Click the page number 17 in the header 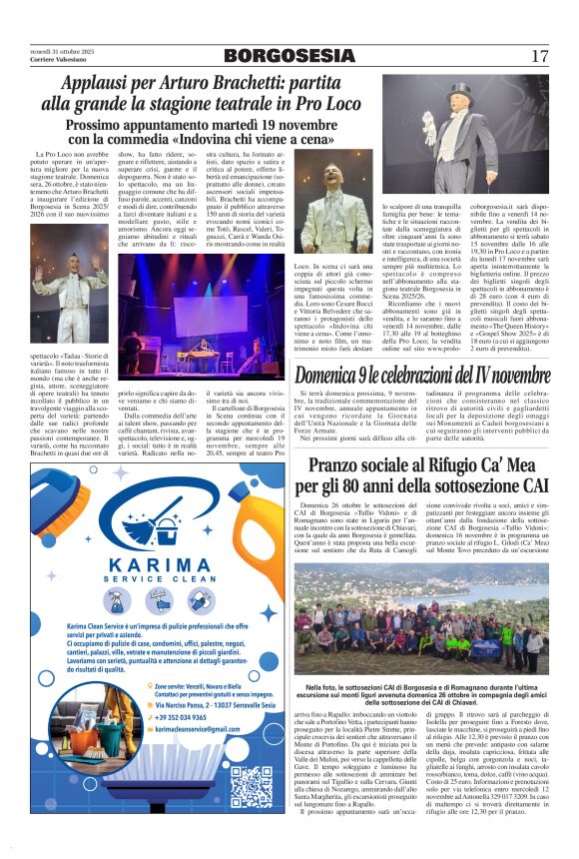coord(539,56)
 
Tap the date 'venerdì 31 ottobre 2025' coord(61,51)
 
